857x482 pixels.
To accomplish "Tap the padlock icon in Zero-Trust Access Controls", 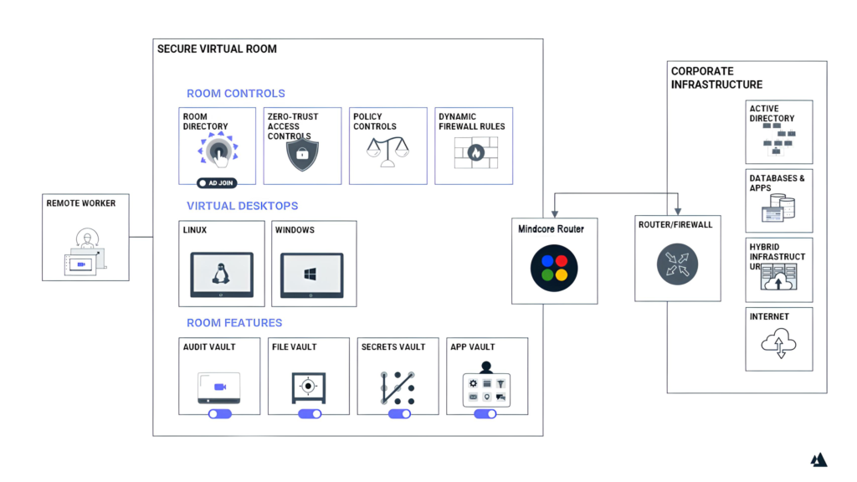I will point(303,154).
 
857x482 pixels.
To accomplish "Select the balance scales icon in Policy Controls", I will point(389,152).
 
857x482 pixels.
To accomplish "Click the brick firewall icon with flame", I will point(475,153).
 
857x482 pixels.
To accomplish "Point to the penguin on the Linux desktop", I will point(222,273).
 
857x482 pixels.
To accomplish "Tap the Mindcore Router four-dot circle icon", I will point(555,267).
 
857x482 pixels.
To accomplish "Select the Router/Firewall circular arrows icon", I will point(677,263).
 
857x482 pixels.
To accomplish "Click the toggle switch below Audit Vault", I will point(220,413).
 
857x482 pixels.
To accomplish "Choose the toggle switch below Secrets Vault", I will point(399,413).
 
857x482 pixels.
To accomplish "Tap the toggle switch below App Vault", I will point(485,413).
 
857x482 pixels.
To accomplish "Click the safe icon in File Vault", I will point(309,387).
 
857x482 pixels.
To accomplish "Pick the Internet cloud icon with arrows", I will point(780,344).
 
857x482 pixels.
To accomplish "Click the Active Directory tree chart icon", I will point(779,143).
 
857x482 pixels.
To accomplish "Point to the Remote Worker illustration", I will point(85,250).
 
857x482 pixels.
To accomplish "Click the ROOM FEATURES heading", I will point(233,323).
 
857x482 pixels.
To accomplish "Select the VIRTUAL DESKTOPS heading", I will point(242,206).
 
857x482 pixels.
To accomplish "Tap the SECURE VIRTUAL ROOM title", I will point(217,49).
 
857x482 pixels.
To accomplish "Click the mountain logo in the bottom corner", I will point(819,459).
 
